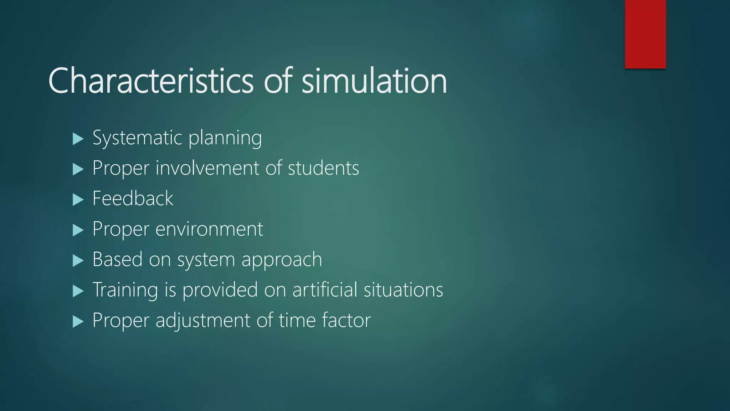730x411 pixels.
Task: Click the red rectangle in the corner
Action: point(645,34)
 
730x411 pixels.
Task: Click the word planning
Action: point(225,138)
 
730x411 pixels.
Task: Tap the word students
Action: point(323,168)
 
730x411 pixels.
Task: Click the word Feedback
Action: point(133,198)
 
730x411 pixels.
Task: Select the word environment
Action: point(209,229)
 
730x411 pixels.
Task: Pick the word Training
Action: point(125,290)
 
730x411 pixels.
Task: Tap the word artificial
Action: point(325,290)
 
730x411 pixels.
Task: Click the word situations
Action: point(403,290)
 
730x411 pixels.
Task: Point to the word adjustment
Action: point(203,320)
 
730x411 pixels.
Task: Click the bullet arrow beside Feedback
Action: point(78,199)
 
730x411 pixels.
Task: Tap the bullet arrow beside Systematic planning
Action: point(78,138)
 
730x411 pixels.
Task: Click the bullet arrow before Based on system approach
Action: point(78,260)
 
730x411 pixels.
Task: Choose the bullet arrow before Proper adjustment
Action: point(78,321)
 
